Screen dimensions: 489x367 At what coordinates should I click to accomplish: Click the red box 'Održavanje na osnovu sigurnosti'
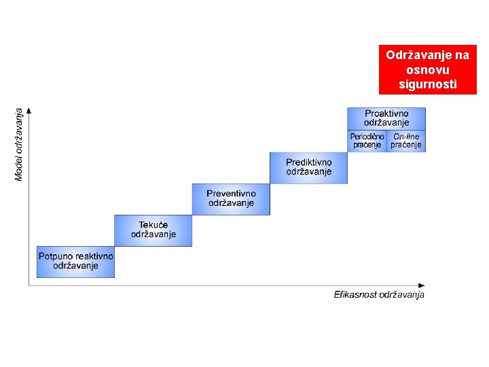pos(428,69)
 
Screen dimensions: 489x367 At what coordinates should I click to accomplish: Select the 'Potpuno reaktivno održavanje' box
pos(75,262)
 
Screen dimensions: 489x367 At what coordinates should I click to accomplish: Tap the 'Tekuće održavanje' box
pos(153,230)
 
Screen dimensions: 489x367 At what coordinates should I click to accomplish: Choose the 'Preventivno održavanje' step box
pos(231,198)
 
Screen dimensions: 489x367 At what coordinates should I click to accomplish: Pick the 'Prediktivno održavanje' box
pos(308,167)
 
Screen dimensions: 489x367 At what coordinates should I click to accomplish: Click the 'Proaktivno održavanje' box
pos(386,118)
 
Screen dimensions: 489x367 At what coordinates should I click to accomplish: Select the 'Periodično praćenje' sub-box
pos(367,141)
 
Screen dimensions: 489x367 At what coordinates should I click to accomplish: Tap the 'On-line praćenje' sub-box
pos(406,141)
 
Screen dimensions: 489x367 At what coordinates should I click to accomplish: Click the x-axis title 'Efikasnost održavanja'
pos(379,294)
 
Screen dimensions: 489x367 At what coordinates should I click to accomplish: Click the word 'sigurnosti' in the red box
pos(428,84)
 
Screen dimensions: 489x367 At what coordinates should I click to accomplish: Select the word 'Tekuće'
pos(153,225)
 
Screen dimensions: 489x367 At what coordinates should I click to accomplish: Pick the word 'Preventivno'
pos(231,194)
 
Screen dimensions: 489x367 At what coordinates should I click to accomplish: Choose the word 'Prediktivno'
pos(309,162)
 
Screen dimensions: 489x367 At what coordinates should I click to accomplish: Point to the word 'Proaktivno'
pos(386,113)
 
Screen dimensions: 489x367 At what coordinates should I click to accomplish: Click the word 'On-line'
pos(406,137)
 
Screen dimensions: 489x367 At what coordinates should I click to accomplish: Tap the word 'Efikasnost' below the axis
pos(355,294)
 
